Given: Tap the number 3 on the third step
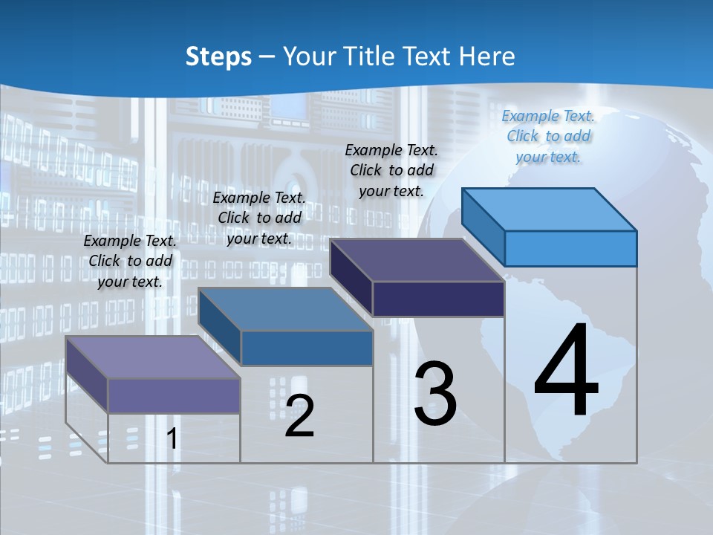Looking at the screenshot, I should (x=435, y=394).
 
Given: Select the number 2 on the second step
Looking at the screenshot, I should (x=300, y=416).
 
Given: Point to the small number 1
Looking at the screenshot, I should (x=172, y=438).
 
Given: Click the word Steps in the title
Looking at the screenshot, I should (x=218, y=56).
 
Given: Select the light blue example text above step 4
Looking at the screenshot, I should (x=548, y=137).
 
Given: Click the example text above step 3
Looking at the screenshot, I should (x=391, y=171).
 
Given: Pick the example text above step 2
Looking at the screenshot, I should (x=259, y=218).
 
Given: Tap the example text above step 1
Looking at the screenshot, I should (x=130, y=262).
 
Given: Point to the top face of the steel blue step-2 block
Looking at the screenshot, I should (x=286, y=309).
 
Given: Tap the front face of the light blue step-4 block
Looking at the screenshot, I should (x=570, y=248).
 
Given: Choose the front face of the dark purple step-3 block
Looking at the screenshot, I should (x=438, y=299).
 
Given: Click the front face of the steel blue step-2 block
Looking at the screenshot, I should (x=307, y=348).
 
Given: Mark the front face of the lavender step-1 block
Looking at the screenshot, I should (x=174, y=395).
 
